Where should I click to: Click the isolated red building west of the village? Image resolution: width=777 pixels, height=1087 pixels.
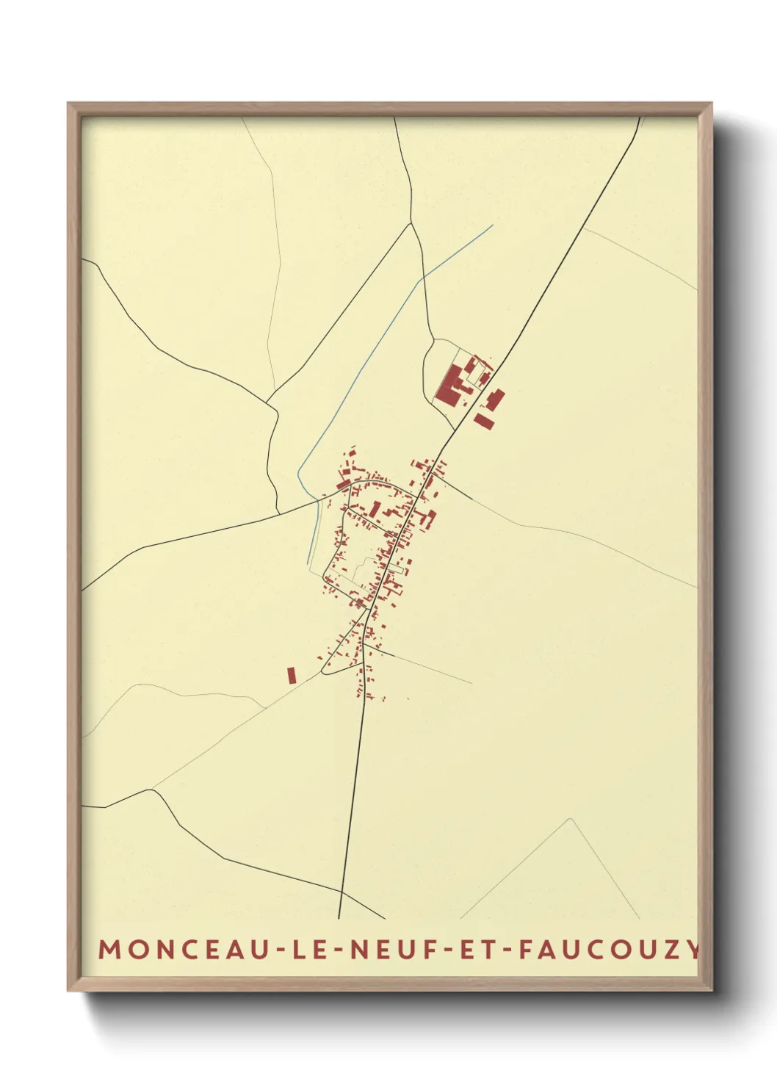click(292, 675)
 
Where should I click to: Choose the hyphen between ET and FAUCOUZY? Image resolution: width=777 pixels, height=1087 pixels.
click(507, 950)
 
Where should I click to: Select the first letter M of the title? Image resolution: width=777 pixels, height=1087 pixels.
click(109, 949)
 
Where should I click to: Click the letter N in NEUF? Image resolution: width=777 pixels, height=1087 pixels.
click(357, 949)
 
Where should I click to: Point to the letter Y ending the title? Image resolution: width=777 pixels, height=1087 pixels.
click(693, 949)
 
